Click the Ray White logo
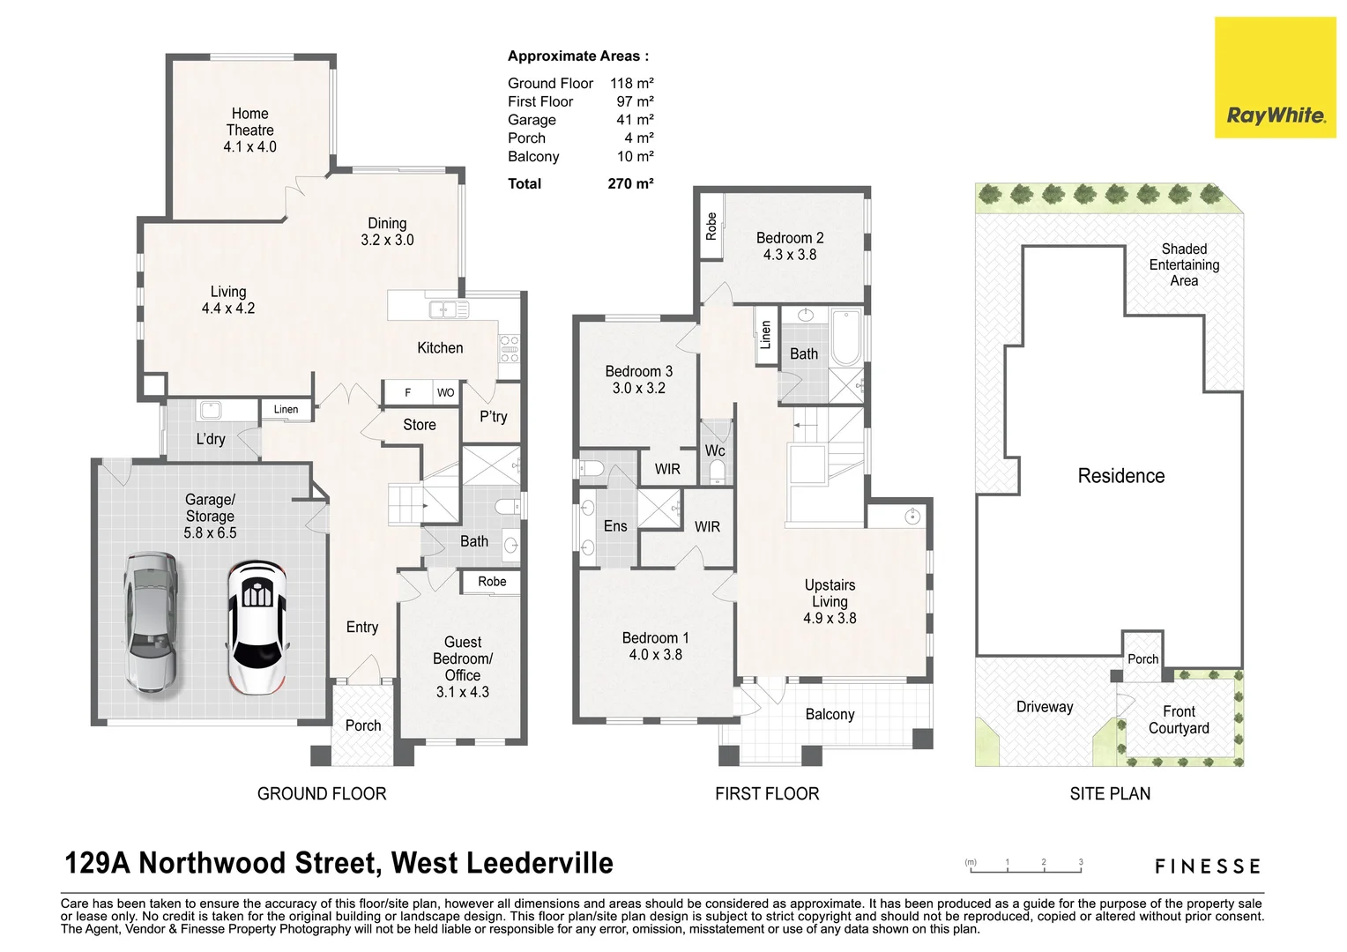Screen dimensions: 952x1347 1274,78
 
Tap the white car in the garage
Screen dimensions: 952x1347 257,627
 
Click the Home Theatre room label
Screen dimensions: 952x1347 249,130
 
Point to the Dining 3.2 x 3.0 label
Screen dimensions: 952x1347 387,232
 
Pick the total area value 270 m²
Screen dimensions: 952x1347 630,183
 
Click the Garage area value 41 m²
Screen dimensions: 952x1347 635,120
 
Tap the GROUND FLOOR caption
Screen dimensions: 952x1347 322,793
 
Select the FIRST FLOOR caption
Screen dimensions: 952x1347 767,793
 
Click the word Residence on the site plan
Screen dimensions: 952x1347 1121,476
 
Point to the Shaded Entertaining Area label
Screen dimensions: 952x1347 1184,264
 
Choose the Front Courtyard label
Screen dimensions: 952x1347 1179,719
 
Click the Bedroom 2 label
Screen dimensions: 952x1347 790,246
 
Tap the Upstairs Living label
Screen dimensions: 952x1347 830,601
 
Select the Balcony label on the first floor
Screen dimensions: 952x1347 830,714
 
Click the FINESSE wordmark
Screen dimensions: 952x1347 1208,866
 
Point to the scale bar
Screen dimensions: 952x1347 1026,870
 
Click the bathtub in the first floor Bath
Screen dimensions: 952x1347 846,336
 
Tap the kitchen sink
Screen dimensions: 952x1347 449,309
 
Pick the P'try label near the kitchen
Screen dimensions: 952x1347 494,416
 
